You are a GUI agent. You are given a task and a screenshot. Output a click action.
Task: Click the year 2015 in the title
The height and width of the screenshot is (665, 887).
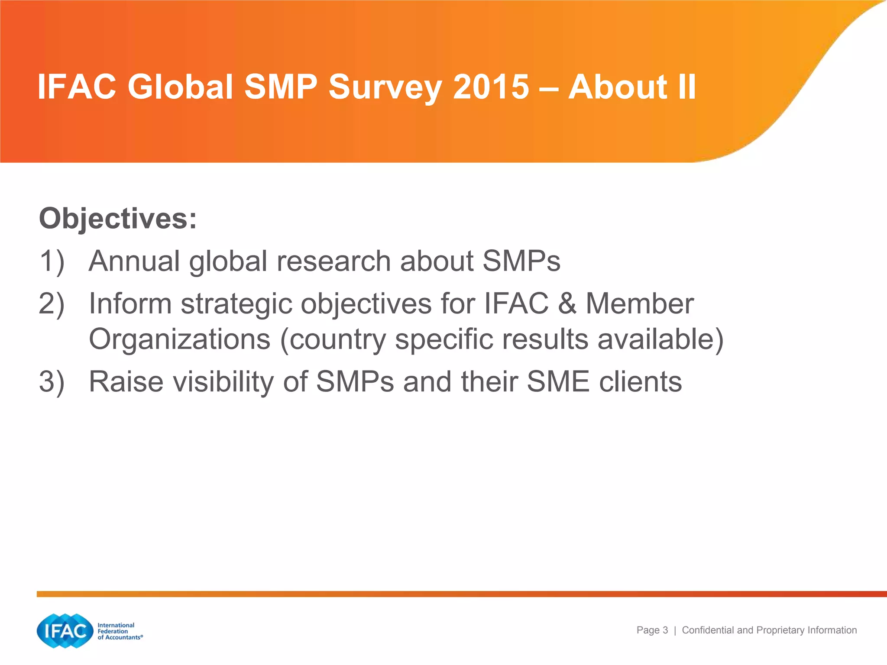[491, 87]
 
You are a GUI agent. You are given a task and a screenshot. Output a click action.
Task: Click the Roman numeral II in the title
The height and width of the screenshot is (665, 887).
[684, 87]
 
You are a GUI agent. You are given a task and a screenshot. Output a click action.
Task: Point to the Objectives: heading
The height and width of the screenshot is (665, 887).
[118, 219]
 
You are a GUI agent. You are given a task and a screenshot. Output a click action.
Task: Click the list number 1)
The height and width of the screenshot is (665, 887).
[52, 261]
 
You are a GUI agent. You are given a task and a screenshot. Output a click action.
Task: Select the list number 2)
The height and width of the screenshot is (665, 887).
[52, 303]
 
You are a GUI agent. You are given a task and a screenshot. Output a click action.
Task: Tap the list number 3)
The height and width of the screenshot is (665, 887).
[52, 382]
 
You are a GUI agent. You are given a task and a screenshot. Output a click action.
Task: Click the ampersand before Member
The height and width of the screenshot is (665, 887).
[567, 303]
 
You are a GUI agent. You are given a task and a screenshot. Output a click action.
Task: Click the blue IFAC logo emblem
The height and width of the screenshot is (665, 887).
[65, 631]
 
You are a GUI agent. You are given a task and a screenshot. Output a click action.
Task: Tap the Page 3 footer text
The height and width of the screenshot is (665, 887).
[652, 630]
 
